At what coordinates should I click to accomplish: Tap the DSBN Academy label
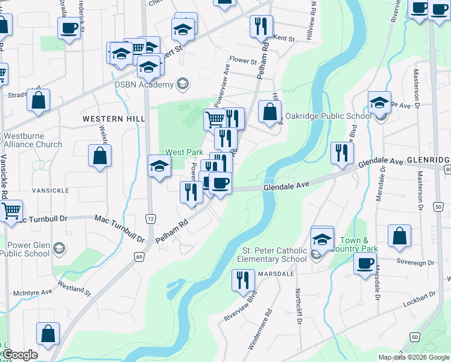(144, 85)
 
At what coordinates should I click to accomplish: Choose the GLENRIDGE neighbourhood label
(429, 160)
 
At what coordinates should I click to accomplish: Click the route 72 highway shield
(150, 217)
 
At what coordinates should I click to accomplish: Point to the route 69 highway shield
(139, 241)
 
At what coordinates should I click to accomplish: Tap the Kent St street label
(283, 38)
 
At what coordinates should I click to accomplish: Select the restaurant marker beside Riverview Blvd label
(243, 281)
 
